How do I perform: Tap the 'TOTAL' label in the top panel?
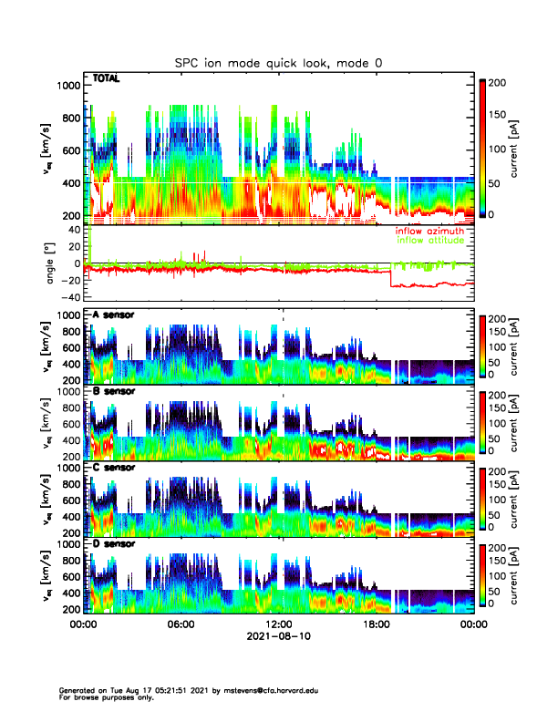point(107,80)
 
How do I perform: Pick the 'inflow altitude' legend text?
point(431,242)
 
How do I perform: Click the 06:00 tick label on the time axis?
point(181,624)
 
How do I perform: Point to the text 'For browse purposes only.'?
point(102,697)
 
